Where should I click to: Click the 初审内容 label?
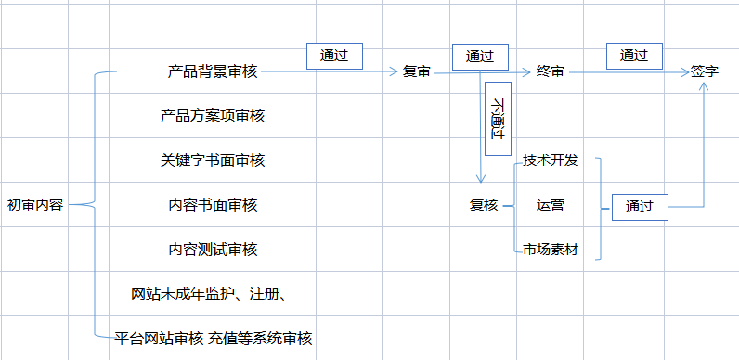[x=35, y=205]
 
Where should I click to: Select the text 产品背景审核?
[x=213, y=71]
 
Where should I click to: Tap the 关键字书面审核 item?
[x=213, y=161]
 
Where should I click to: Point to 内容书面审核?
[x=213, y=205]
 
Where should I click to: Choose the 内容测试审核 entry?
[x=213, y=250]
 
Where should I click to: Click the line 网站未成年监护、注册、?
[x=209, y=294]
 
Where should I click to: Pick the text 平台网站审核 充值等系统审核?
[x=213, y=339]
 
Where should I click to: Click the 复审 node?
[x=417, y=71]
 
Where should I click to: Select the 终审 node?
[x=550, y=71]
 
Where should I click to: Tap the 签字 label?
[x=705, y=71]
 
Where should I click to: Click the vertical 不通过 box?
[x=498, y=118]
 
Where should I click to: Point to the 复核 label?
[x=484, y=205]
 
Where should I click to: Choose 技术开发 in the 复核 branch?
[x=551, y=161]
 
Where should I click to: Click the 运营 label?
[x=550, y=205]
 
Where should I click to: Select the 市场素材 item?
[x=551, y=250]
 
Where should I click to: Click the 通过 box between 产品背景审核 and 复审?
[x=334, y=56]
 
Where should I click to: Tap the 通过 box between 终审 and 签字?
[x=634, y=56]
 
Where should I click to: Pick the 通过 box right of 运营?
[x=640, y=207]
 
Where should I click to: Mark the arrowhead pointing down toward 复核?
[x=480, y=178]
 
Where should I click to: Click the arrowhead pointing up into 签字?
[x=704, y=86]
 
